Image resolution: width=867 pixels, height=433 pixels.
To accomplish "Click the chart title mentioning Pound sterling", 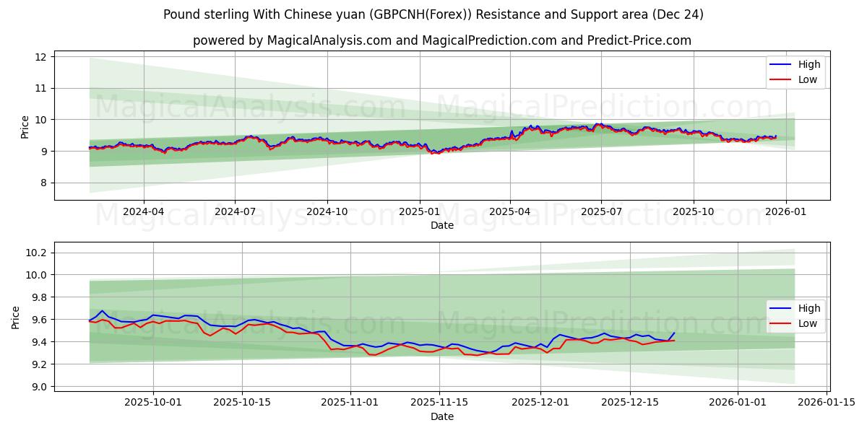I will [x=433, y=14].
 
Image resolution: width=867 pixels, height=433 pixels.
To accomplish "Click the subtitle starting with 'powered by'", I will [x=441, y=40].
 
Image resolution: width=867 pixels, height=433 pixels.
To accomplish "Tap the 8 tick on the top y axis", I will [x=43, y=183].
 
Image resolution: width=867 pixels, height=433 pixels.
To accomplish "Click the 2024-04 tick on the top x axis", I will [x=143, y=211].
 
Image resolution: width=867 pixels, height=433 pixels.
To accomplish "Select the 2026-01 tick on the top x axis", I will [x=785, y=211].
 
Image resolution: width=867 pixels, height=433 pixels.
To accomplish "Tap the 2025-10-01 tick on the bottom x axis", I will [x=152, y=403].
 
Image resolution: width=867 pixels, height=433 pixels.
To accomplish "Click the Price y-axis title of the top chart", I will [x=25, y=127].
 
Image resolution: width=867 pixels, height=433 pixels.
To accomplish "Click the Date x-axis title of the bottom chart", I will [x=441, y=416].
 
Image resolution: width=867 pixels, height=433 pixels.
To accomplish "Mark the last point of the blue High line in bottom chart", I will [x=674, y=333].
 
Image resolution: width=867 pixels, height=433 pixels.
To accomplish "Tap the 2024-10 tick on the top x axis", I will [x=327, y=211].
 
